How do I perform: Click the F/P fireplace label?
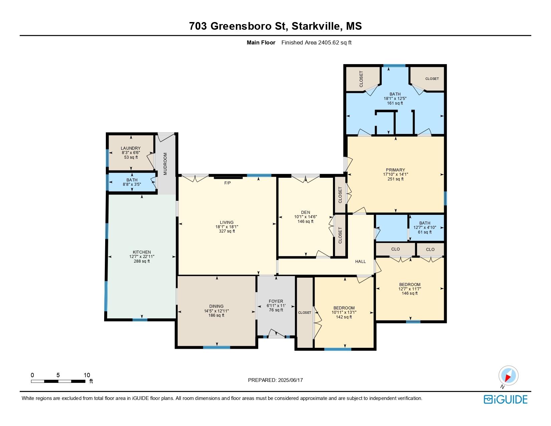click(x=227, y=183)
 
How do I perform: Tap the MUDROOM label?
click(x=165, y=164)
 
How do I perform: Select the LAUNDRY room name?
click(x=131, y=148)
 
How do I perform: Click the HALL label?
click(x=360, y=261)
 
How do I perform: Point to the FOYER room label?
click(x=276, y=301)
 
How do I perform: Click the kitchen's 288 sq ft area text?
click(x=142, y=261)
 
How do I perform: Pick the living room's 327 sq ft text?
click(x=227, y=231)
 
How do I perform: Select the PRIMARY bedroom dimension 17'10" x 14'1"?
click(x=396, y=174)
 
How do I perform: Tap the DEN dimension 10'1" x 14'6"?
click(x=306, y=217)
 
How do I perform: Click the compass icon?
click(x=508, y=376)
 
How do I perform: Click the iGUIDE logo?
click(x=505, y=399)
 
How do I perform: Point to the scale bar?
click(x=58, y=381)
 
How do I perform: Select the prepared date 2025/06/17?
click(x=290, y=380)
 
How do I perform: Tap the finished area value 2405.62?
click(x=329, y=43)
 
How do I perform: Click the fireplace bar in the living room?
click(x=228, y=178)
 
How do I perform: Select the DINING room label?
click(x=216, y=306)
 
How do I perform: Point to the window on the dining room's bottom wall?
click(x=216, y=347)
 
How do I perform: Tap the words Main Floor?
click(x=261, y=43)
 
